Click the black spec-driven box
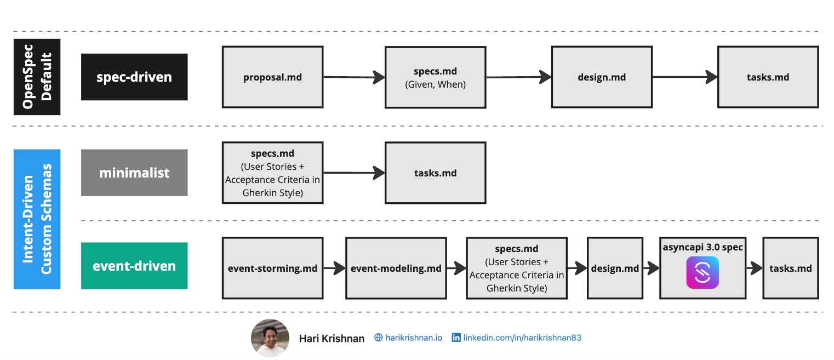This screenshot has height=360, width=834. [x=134, y=77]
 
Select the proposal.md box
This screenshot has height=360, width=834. [x=272, y=77]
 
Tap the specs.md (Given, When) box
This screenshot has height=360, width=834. [x=435, y=77]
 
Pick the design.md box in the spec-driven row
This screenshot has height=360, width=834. [x=602, y=77]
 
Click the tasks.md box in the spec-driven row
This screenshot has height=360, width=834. [x=768, y=77]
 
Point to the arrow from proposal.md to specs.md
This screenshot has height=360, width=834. [x=353, y=77]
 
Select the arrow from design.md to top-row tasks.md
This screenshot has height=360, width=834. [x=685, y=77]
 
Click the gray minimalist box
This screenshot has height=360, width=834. [x=134, y=173]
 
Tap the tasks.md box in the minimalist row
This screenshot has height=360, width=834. [x=435, y=173]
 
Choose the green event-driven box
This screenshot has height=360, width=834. [x=134, y=266]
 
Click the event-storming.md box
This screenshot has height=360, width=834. [x=272, y=268]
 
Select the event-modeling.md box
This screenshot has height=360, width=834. [x=396, y=268]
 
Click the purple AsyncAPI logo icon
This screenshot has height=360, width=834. [x=702, y=272]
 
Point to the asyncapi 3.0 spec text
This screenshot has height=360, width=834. [x=702, y=247]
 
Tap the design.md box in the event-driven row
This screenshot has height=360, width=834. [x=615, y=268]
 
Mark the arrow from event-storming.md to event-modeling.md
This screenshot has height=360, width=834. [x=334, y=268]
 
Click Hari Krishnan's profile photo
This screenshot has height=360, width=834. [x=270, y=338]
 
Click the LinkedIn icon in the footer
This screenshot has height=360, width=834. [x=456, y=338]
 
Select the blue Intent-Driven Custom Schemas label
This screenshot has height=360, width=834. [x=37, y=219]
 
